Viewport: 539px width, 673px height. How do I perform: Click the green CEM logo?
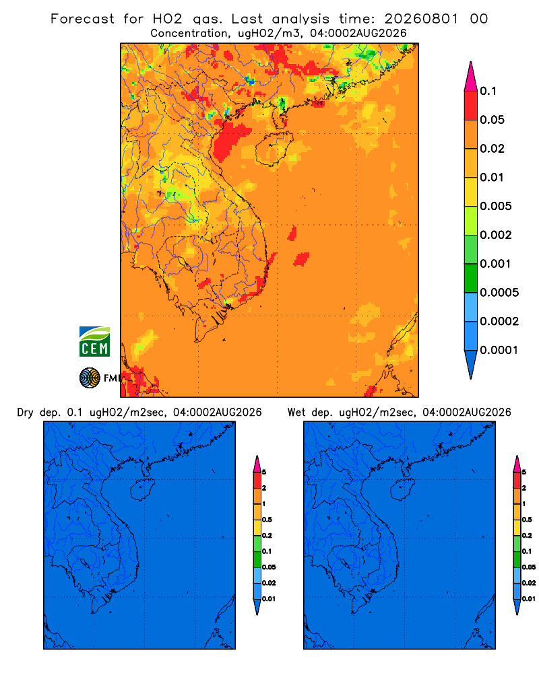pyautogui.click(x=94, y=341)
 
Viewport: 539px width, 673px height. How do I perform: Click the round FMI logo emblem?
pyautogui.click(x=90, y=378)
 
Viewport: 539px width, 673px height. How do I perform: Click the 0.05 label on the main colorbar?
pyautogui.click(x=492, y=120)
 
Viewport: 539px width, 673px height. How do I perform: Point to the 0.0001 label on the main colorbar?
pyautogui.click(x=499, y=350)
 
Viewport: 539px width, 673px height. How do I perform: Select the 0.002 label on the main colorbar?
pyautogui.click(x=496, y=235)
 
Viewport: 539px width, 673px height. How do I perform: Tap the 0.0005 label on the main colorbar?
pyautogui.click(x=499, y=293)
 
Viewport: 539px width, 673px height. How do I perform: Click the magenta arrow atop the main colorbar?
pyautogui.click(x=471, y=76)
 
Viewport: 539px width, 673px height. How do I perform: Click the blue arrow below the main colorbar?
pyautogui.click(x=471, y=364)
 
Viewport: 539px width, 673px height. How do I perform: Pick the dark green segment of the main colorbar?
pyautogui.click(x=471, y=278)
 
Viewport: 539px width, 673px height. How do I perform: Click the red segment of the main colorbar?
pyautogui.click(x=471, y=106)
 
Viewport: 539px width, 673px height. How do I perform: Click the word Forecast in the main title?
pyautogui.click(x=82, y=19)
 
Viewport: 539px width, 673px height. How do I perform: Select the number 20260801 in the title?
pyautogui.click(x=421, y=19)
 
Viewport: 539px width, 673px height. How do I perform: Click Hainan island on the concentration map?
pyautogui.click(x=274, y=149)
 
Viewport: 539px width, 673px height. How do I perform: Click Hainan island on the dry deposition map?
pyautogui.click(x=142, y=490)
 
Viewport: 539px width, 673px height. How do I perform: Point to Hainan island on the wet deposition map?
pyautogui.click(x=402, y=490)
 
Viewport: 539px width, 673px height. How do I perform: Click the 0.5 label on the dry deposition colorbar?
pyautogui.click(x=267, y=520)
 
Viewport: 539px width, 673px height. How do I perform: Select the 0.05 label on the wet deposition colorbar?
pyautogui.click(x=529, y=567)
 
